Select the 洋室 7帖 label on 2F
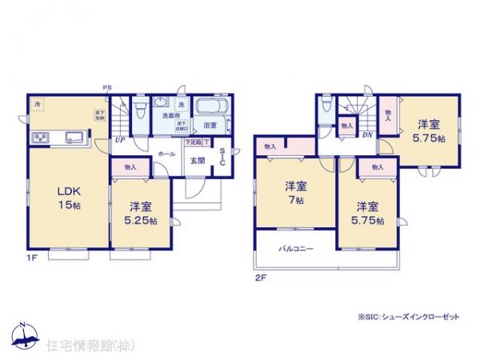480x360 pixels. point(294,192)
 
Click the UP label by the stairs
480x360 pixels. point(119,140)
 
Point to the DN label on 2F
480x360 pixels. point(366,134)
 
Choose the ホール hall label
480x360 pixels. point(166,152)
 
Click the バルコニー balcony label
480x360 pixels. point(296,249)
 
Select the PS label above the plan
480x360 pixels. point(106,88)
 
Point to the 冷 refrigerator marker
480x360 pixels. point(36,105)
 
